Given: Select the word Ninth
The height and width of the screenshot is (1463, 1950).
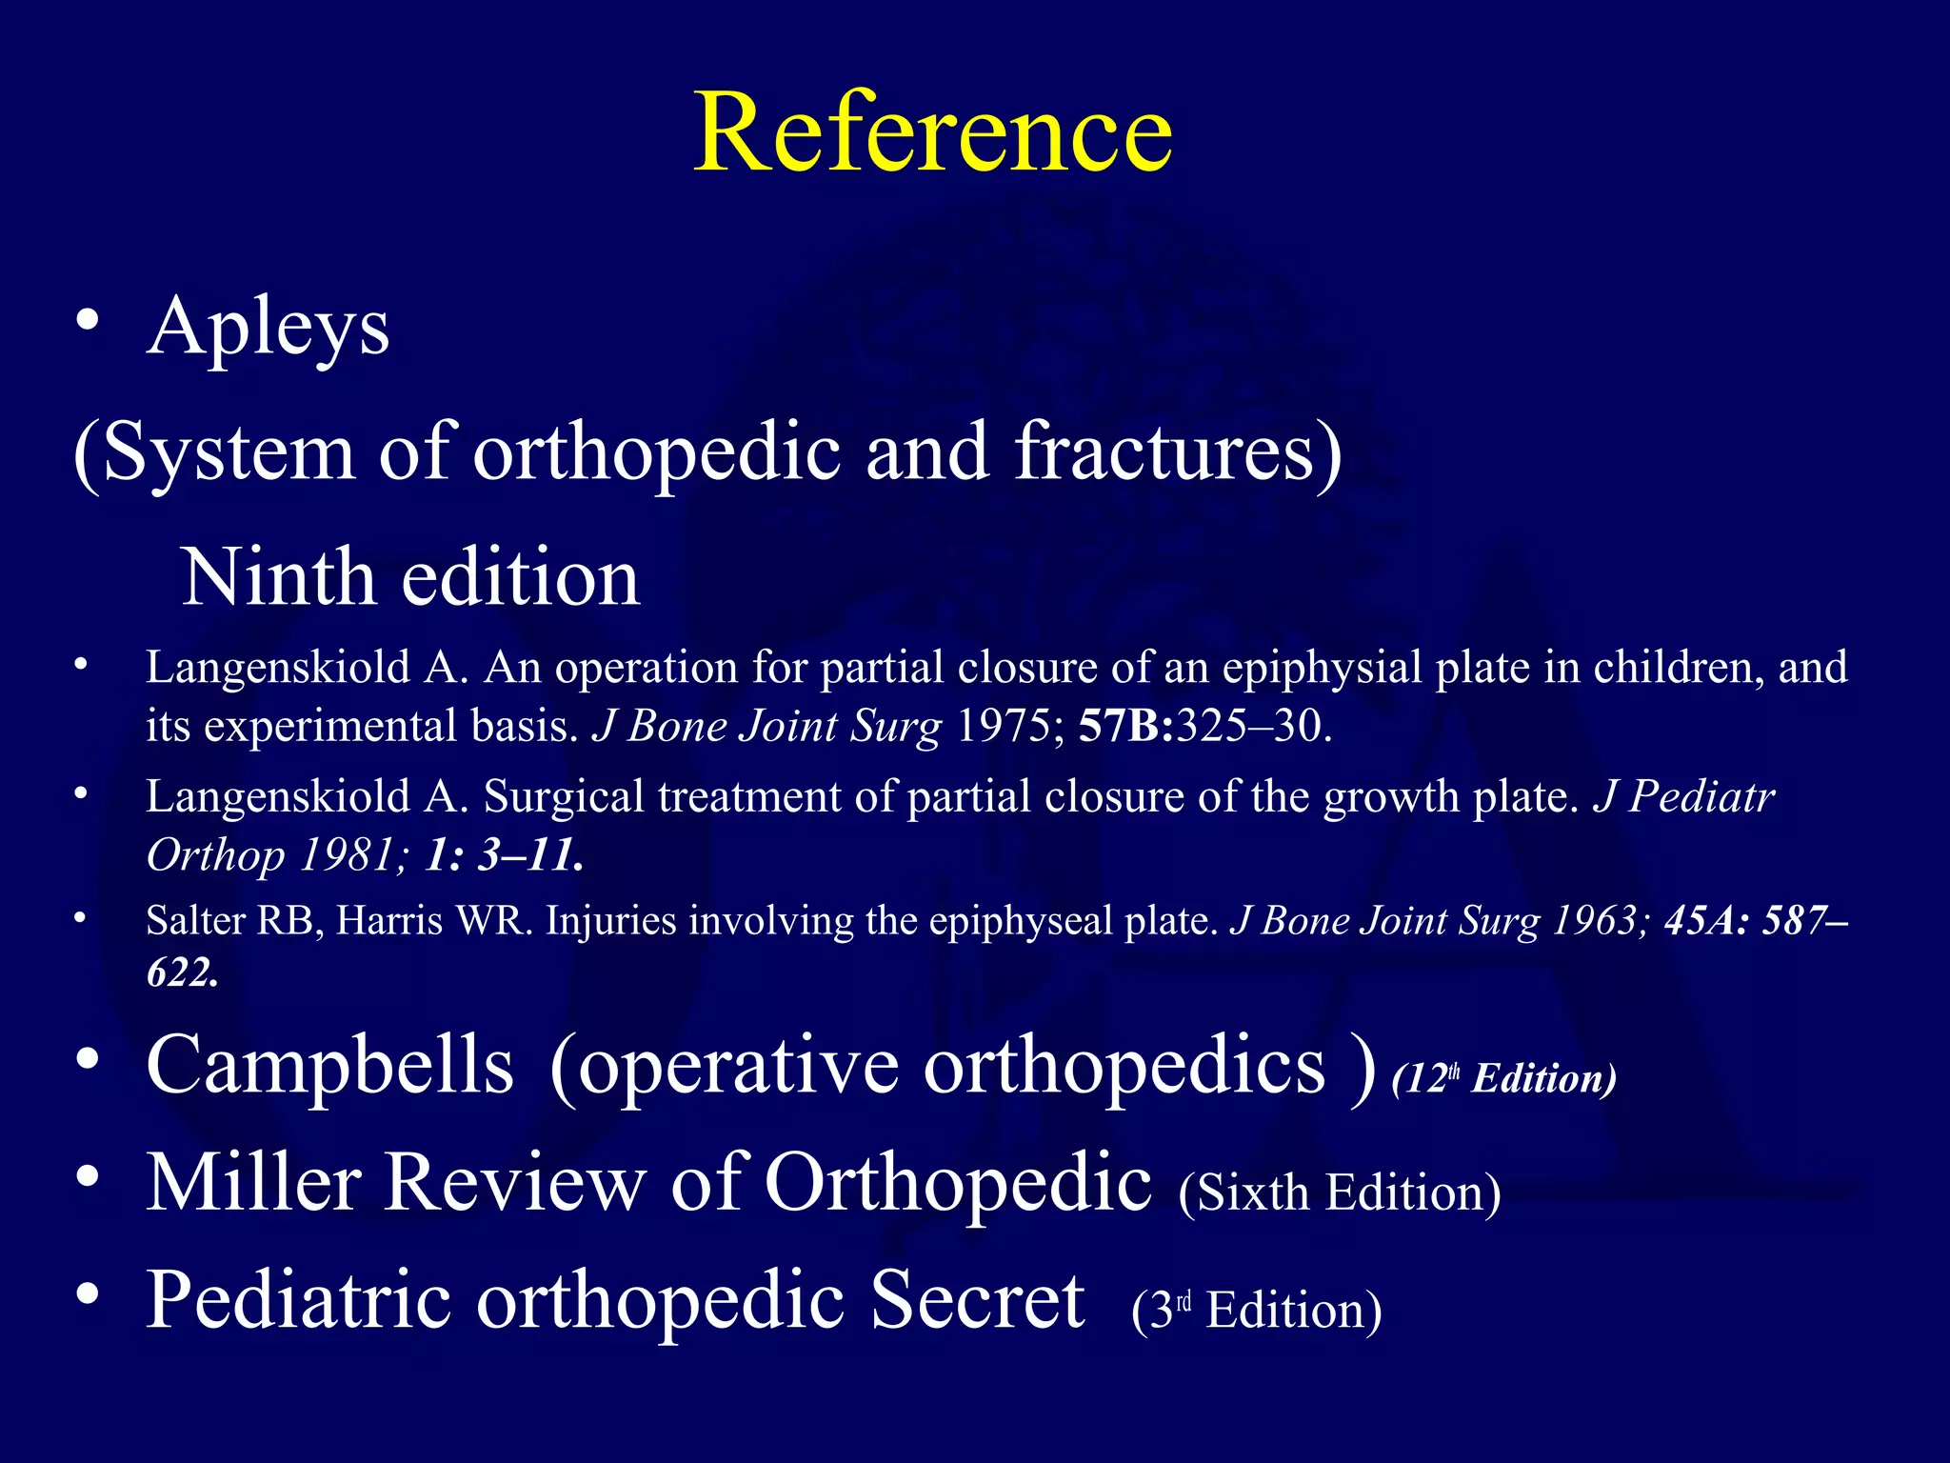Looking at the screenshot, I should tap(278, 577).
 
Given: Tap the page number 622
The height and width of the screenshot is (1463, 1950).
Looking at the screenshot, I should tap(181, 972).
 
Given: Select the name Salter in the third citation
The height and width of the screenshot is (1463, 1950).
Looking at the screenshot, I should tap(196, 921).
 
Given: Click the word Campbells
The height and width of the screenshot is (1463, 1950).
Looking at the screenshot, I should tap(330, 1065).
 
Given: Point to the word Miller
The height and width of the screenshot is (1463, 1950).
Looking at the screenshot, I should tap(253, 1183).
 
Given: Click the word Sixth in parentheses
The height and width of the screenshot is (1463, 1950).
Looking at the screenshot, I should tap(1252, 1192).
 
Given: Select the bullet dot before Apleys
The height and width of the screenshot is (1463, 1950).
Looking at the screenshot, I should tap(88, 320).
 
